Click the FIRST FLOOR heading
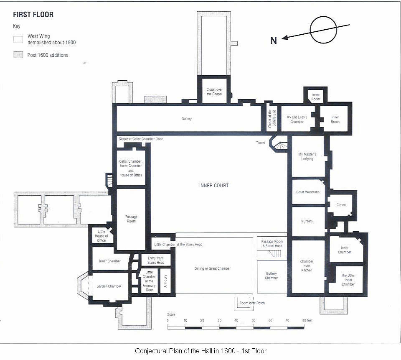click(x=33, y=15)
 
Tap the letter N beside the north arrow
click(x=274, y=41)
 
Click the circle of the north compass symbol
click(x=323, y=30)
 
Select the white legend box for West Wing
click(x=18, y=40)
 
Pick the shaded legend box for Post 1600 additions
click(x=18, y=55)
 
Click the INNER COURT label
click(x=214, y=185)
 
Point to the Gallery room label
click(x=187, y=119)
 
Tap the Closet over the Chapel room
click(x=214, y=92)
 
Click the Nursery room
click(x=307, y=221)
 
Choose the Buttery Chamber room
click(x=272, y=276)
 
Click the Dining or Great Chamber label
click(x=213, y=268)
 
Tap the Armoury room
click(x=165, y=281)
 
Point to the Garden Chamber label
click(x=109, y=286)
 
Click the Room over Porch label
click(x=252, y=303)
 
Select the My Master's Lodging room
click(x=307, y=156)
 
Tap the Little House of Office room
click(x=101, y=236)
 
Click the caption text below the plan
click(x=200, y=351)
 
